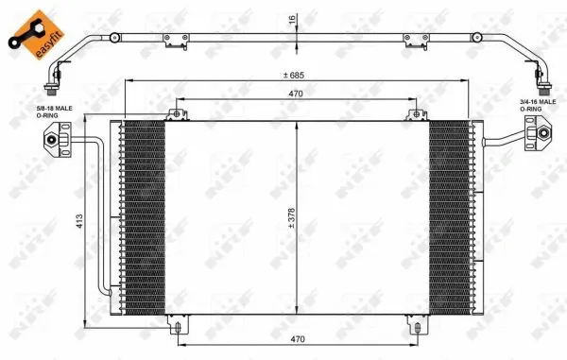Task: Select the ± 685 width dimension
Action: tap(297, 76)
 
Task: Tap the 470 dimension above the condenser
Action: tap(297, 94)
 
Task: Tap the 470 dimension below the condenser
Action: tap(297, 337)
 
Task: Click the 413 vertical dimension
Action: tap(81, 220)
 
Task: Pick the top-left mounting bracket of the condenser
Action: tap(175, 115)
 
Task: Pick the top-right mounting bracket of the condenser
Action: tap(414, 115)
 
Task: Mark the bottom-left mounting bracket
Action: tap(175, 326)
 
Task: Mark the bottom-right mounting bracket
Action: tap(414, 326)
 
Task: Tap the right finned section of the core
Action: tap(450, 217)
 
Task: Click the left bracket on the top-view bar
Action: tap(173, 43)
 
